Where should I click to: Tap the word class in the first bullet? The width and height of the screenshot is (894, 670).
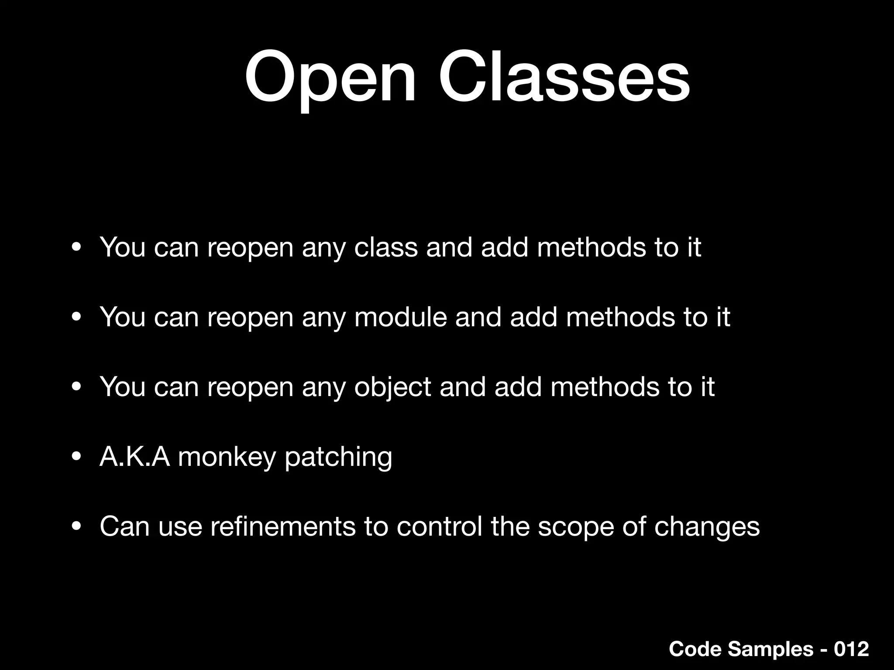click(386, 247)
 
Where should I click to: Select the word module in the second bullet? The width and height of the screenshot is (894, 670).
click(401, 317)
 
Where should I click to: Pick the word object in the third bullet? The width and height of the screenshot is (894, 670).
click(392, 387)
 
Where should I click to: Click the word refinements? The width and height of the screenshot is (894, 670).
click(283, 526)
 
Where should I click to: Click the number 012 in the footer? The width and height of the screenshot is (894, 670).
click(851, 649)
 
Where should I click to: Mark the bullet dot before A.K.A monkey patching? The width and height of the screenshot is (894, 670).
click(76, 457)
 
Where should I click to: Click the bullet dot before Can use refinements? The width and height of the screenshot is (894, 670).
click(76, 527)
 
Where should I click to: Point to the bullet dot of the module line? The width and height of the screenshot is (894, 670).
click(76, 318)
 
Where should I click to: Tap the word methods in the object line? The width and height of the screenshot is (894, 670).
click(605, 387)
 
